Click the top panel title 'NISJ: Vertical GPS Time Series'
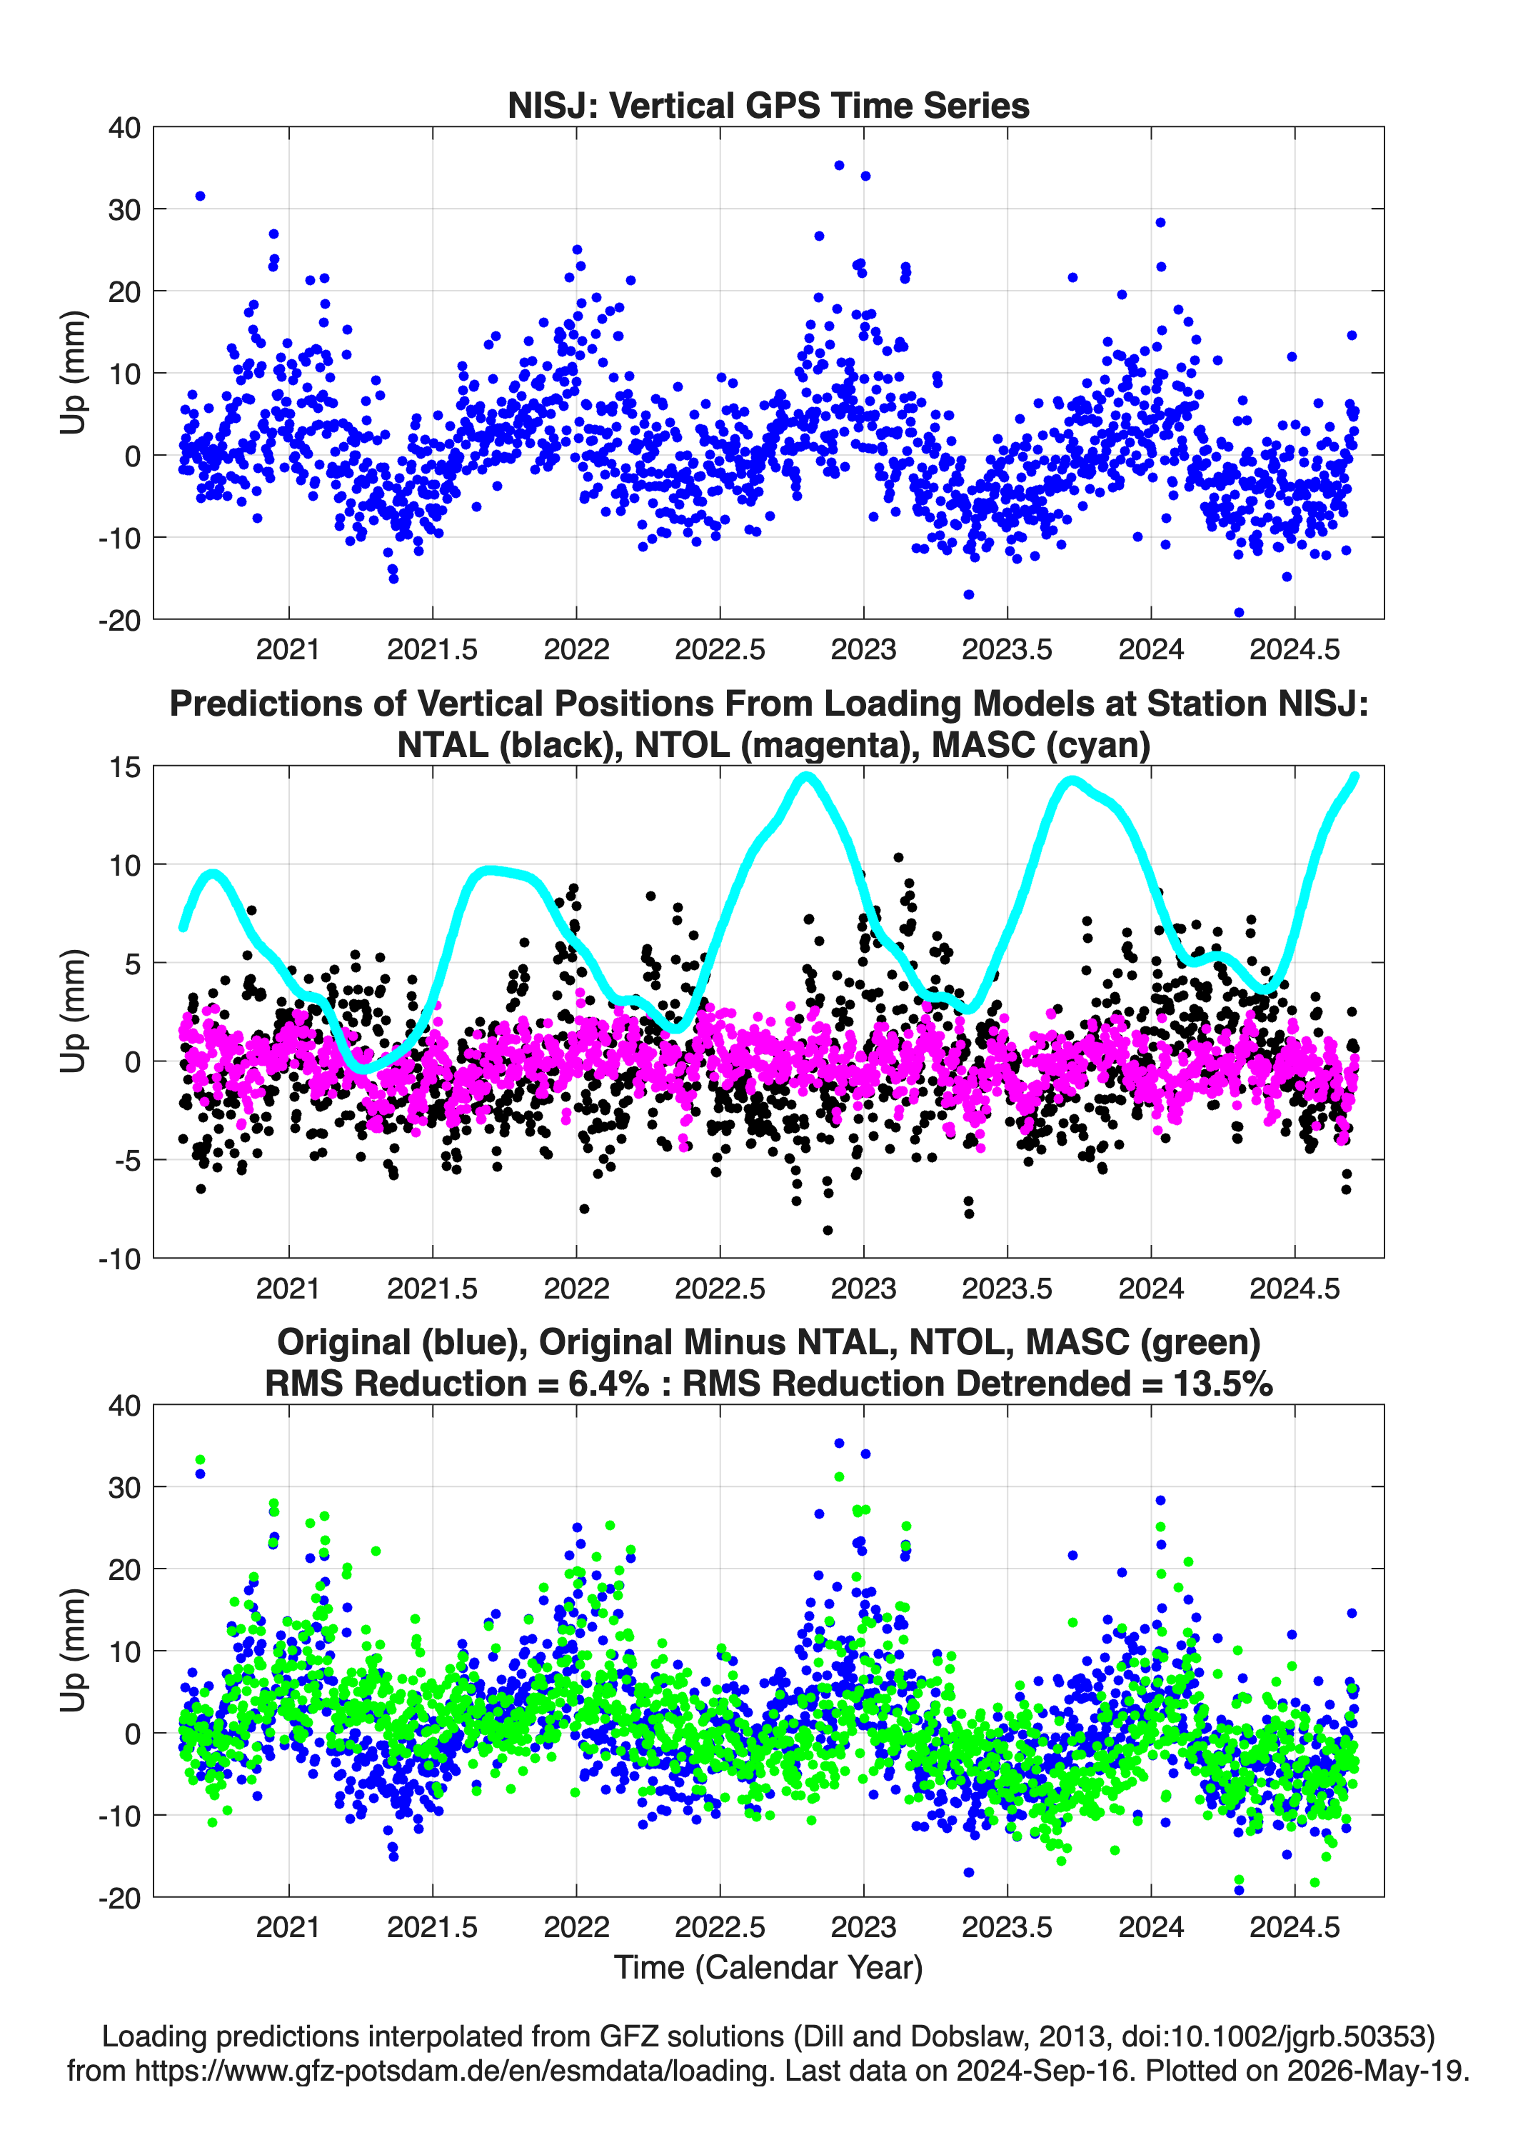click(768, 105)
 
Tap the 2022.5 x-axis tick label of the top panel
click(720, 649)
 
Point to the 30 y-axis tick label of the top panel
click(125, 209)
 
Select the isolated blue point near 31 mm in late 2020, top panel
click(200, 196)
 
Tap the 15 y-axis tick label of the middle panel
click(125, 767)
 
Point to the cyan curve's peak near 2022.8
click(805, 776)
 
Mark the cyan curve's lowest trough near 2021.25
click(364, 1069)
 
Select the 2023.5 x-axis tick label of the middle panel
click(1007, 1288)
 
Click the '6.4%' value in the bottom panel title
click(608, 1384)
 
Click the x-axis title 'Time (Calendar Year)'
click(768, 1966)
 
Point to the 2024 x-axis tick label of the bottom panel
click(1151, 1927)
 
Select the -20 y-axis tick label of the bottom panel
click(120, 1898)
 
